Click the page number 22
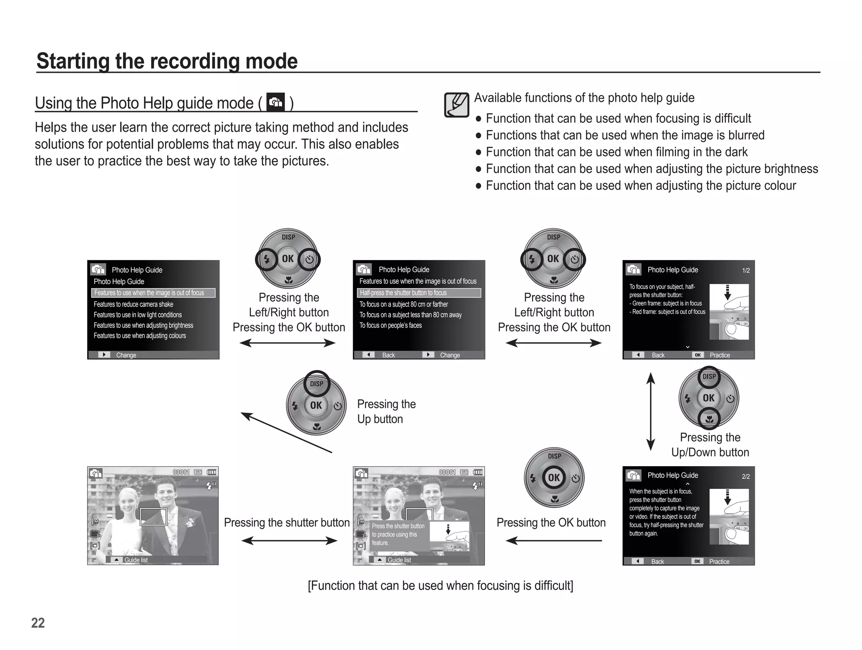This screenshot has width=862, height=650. click(38, 623)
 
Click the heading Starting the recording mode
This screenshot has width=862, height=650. click(167, 61)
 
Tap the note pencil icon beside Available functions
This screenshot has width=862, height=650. click(456, 105)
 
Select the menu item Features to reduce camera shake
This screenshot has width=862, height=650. click(133, 304)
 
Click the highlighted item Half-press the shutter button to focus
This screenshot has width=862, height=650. click(403, 293)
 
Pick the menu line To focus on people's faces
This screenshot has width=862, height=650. click(391, 325)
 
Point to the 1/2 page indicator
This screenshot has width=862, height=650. click(746, 271)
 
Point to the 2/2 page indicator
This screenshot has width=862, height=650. click(745, 477)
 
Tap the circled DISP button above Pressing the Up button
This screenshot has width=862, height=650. click(317, 383)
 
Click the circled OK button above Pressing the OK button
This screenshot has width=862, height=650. click(554, 478)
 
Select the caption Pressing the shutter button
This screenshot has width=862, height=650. click(287, 523)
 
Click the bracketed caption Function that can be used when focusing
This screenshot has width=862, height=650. click(440, 586)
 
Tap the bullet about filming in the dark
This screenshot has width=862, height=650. click(617, 152)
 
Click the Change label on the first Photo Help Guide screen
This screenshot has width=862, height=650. click(126, 355)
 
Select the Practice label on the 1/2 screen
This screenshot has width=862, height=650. click(720, 355)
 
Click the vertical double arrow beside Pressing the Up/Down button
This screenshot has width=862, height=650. click(651, 411)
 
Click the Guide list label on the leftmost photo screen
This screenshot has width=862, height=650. click(136, 560)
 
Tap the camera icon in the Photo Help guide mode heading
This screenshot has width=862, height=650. click(276, 102)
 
